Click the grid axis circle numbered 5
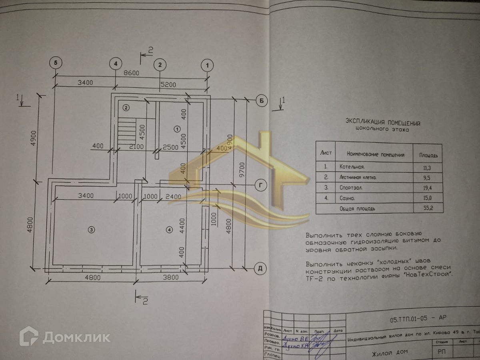56,63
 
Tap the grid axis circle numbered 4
115,63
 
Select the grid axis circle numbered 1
207,64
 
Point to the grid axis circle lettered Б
261,101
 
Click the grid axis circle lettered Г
261,185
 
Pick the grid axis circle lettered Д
260,268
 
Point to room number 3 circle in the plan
92,230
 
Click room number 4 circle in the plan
169,230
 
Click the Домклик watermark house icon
29,336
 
